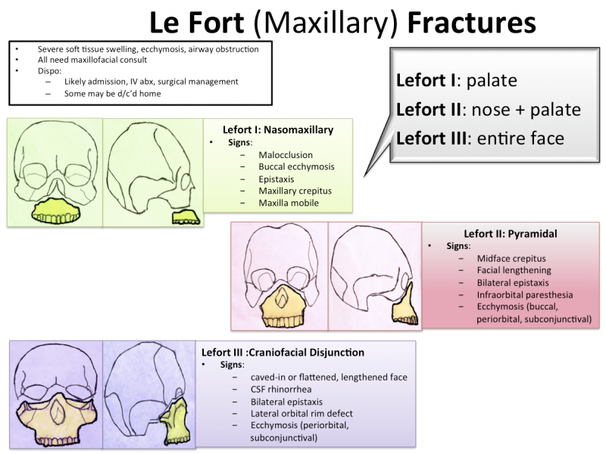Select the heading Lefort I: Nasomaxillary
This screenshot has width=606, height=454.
click(277, 130)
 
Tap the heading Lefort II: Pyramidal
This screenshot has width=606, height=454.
click(510, 234)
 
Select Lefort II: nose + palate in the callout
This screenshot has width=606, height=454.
click(488, 110)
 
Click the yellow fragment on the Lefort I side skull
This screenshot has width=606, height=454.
click(186, 218)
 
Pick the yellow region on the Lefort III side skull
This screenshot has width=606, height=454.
click(176, 419)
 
